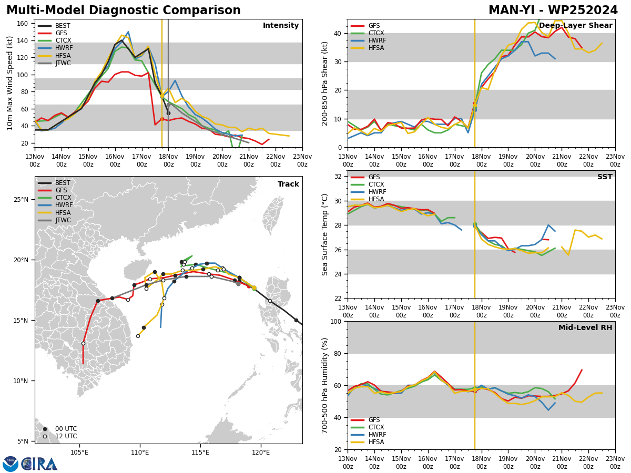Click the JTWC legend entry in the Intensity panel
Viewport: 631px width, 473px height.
point(54,63)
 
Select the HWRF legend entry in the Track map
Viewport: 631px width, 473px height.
point(55,205)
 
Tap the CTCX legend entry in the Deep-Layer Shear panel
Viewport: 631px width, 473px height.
point(367,33)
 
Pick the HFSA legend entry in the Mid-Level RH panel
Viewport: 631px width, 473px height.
point(367,442)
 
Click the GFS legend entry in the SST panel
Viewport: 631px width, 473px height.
point(365,177)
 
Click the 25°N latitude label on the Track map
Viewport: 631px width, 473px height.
point(21,199)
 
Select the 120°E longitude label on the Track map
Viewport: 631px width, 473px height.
point(261,453)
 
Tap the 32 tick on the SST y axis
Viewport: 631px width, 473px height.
point(338,177)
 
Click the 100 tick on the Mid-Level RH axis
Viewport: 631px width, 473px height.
point(337,321)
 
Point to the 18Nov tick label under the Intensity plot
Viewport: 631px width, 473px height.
point(168,160)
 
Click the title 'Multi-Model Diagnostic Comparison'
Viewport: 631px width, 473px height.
point(124,10)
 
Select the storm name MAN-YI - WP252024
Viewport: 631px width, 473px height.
point(553,10)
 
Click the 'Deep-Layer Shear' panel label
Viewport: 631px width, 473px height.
point(575,25)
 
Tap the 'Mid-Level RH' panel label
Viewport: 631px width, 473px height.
point(585,327)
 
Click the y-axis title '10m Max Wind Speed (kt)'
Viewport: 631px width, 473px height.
point(9,83)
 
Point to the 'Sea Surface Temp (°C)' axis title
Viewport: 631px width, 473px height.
point(324,234)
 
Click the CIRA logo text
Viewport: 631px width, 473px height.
point(39,464)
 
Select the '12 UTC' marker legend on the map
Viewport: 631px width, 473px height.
point(60,436)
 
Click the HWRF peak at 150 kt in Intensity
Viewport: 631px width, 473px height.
point(128,32)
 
